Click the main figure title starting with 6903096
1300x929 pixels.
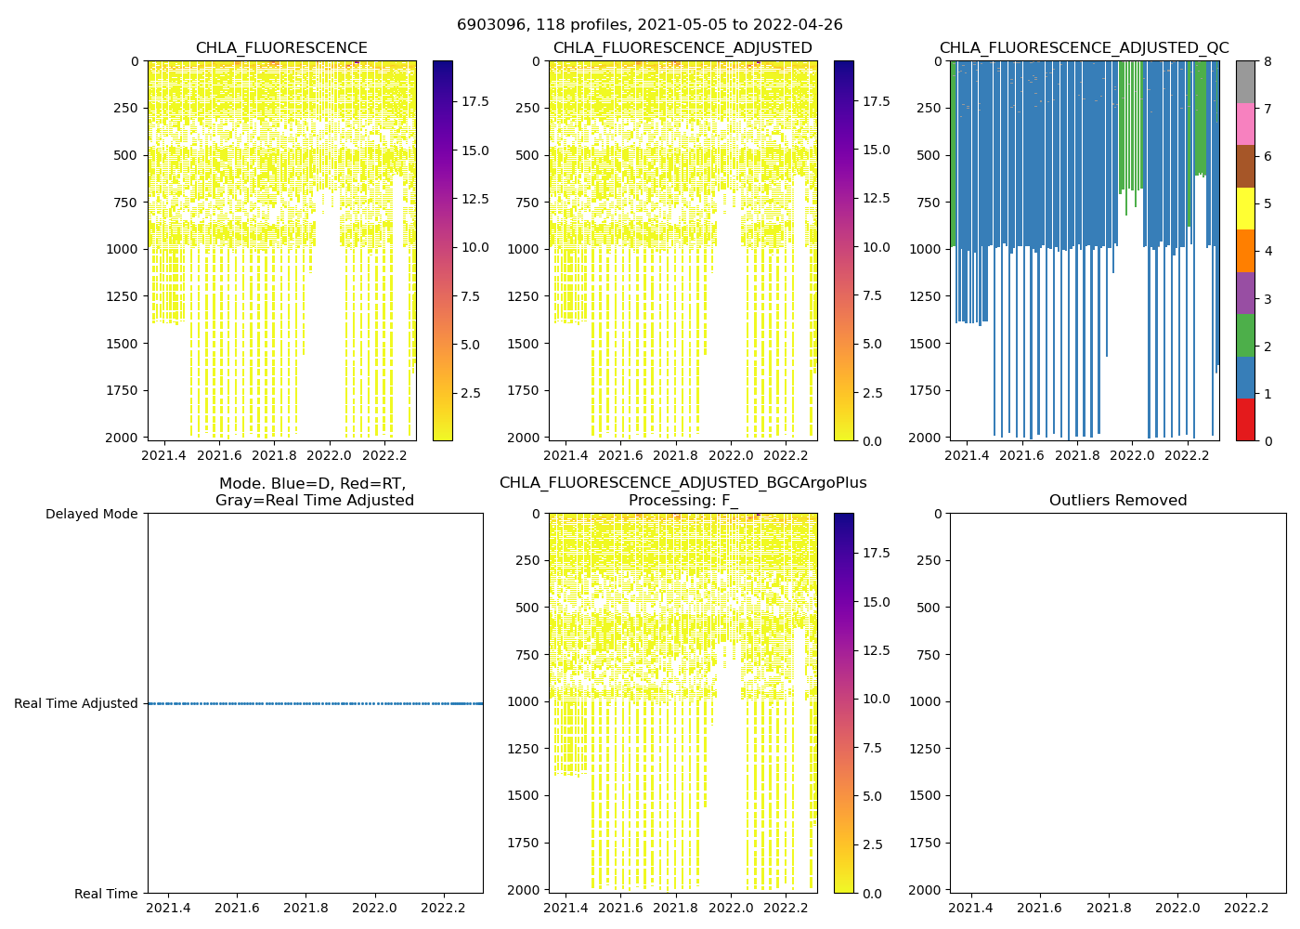[649, 25]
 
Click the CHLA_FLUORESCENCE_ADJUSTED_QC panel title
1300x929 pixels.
[1084, 48]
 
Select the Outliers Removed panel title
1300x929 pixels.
[1118, 501]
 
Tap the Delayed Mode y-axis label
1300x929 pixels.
[91, 514]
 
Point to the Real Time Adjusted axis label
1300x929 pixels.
[76, 703]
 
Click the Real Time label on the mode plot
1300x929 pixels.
[106, 894]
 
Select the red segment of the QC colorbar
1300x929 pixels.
[1245, 420]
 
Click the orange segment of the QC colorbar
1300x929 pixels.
[1245, 251]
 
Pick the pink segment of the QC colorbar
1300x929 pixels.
[1245, 124]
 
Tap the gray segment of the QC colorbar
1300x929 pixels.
[1245, 82]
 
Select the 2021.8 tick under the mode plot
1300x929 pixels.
[306, 908]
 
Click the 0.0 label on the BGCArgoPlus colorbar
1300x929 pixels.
[873, 893]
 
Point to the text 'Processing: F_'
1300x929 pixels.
[682, 501]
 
